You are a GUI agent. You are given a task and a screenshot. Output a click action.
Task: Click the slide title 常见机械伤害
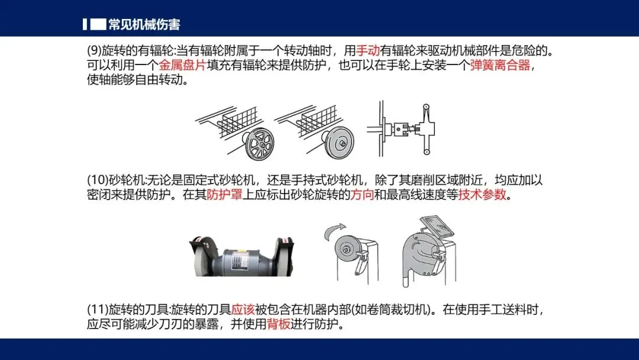coord(144,25)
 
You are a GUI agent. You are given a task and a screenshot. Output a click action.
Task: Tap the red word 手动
coord(367,51)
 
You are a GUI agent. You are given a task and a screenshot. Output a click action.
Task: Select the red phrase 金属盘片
coord(182,65)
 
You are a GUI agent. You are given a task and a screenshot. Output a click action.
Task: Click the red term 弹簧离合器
coord(500,65)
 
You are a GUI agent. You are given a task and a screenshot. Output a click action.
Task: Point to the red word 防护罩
coord(225,194)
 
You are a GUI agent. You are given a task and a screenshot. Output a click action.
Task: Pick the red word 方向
coord(362,194)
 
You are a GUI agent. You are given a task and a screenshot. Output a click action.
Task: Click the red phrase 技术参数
coord(482,194)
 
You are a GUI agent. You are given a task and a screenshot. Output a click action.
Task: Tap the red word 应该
coord(243,310)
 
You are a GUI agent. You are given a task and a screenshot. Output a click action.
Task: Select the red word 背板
coord(279,324)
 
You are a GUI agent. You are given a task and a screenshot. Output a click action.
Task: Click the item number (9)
coord(93,51)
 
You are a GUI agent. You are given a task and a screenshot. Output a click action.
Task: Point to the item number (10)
coord(98,180)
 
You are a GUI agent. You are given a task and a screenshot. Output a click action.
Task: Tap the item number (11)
coord(98,310)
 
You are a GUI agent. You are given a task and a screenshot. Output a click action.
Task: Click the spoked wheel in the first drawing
coord(260,144)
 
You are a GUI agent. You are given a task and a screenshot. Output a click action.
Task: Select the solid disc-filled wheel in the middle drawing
coord(340,143)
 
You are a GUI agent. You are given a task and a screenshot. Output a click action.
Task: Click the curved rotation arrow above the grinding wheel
coord(334,231)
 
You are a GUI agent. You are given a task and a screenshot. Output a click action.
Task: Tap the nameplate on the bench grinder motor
coord(238,259)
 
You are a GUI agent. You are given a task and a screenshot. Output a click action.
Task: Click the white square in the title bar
coord(98,24)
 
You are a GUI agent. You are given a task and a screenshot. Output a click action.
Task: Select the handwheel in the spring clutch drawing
coord(426,129)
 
